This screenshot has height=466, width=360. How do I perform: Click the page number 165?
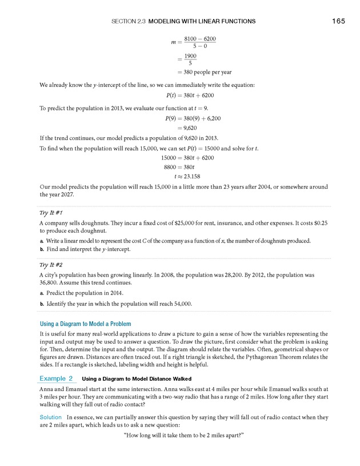pos(338,22)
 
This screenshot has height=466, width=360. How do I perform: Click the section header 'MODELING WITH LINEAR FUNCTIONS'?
pos(202,22)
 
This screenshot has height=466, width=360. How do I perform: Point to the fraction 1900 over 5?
pos(190,59)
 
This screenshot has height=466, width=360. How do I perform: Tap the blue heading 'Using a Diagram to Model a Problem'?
pos(85,324)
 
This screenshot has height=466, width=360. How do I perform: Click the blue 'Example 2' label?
pos(56,379)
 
